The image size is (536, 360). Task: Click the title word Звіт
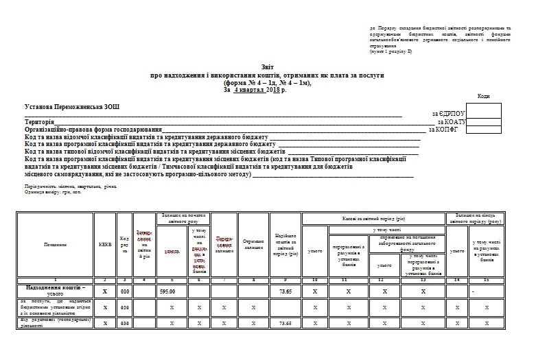click(x=267, y=67)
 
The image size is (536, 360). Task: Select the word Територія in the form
click(x=39, y=121)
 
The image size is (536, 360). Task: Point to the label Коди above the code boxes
click(x=484, y=97)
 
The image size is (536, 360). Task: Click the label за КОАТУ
click(x=450, y=121)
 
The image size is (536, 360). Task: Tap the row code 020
click(x=124, y=307)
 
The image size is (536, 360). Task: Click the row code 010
click(x=124, y=291)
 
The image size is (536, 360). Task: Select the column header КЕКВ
click(x=104, y=244)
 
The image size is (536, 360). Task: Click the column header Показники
click(x=55, y=244)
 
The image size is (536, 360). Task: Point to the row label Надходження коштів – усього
click(x=55, y=291)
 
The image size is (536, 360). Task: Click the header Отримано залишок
click(x=253, y=244)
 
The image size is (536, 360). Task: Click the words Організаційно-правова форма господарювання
click(x=93, y=129)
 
